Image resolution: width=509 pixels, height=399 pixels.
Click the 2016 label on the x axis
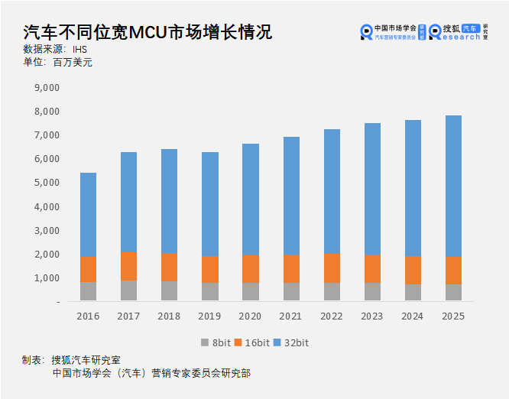tap(88, 315)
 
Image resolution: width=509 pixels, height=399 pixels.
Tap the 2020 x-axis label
tap(250, 315)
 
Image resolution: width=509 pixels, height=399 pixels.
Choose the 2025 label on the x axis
tap(452, 315)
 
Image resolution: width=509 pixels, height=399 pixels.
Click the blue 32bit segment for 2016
tap(88, 214)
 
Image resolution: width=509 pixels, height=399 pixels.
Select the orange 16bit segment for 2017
tap(128, 266)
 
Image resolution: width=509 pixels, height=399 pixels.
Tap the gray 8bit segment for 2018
tap(169, 291)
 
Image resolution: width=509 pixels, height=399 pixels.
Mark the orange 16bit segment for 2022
tap(331, 268)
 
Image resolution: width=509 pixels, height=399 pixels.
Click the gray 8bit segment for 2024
tap(412, 293)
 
